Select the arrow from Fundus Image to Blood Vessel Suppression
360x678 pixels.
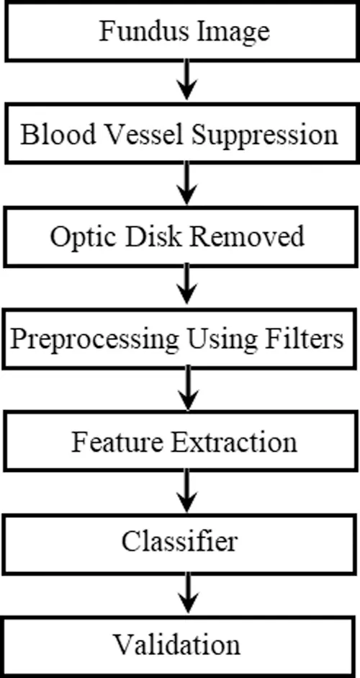point(186,80)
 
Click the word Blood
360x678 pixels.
point(58,134)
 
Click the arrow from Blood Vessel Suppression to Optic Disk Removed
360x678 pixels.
point(186,183)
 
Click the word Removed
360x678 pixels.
point(247,236)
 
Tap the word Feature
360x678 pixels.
point(118,442)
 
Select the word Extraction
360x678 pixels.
point(234,442)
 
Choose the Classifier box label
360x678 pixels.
point(179,540)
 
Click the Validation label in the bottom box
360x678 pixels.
point(176,644)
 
